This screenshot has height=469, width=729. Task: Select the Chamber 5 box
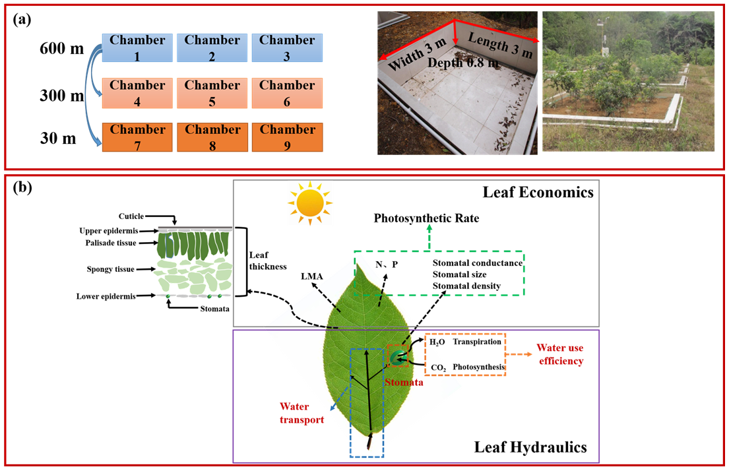pos(212,93)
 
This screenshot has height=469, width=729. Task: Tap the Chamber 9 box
pos(286,137)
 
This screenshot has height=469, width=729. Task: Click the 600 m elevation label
pos(61,49)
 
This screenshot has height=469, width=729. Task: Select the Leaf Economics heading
pos(538,193)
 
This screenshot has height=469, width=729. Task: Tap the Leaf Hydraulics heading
pos(530,447)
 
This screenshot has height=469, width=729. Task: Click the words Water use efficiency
pos(559,354)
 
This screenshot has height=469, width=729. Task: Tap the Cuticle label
pos(129,216)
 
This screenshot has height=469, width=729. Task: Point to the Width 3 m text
pos(417,55)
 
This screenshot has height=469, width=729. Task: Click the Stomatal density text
pos(466,286)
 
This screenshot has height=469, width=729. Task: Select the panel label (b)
pos(23,187)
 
